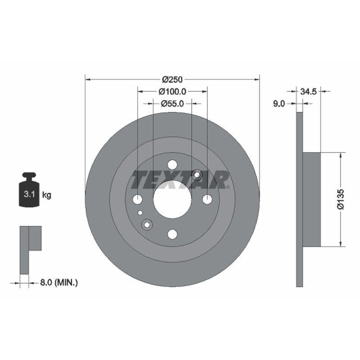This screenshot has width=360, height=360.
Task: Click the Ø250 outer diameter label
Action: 172,80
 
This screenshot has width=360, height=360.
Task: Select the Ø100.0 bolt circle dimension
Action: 172,92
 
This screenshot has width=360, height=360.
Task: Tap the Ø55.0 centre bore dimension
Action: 172,103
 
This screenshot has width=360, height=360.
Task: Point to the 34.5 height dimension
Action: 308,92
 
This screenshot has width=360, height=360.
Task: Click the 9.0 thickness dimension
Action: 279,104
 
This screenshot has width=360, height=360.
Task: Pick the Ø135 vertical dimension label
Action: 341,199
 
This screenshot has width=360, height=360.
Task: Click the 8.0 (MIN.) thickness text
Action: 59,283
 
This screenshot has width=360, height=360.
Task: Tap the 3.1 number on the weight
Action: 29,194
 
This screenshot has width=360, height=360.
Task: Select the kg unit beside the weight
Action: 47,195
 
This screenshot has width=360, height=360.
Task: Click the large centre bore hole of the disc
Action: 172,199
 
